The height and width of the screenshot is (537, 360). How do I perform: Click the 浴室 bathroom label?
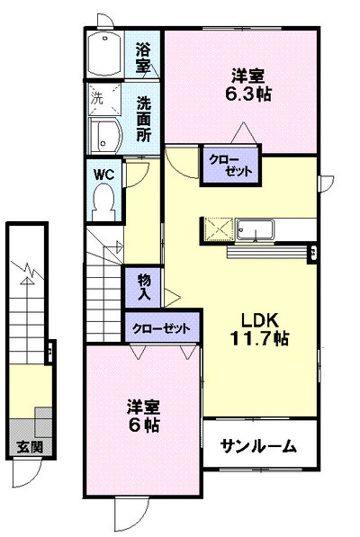pyautogui.click(x=143, y=57)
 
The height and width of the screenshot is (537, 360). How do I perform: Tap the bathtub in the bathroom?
pyautogui.click(x=104, y=55)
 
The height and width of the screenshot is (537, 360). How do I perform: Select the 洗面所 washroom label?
pyautogui.click(x=144, y=119)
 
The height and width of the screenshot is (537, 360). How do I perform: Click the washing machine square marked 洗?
pyautogui.click(x=104, y=99)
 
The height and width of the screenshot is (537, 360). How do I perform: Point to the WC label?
pyautogui.click(x=104, y=175)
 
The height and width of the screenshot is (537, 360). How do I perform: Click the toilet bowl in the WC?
pyautogui.click(x=103, y=201)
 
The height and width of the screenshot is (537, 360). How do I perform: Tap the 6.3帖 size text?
pyautogui.click(x=248, y=94)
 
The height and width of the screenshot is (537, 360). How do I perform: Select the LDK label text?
pyautogui.click(x=259, y=320)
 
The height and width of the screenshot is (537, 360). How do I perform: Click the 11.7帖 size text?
pyautogui.click(x=259, y=339)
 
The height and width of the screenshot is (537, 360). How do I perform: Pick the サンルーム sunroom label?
pyautogui.click(x=258, y=446)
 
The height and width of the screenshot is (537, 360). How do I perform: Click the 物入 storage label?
pyautogui.click(x=144, y=287)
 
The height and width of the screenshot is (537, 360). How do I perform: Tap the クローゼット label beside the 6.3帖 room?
pyautogui.click(x=231, y=166)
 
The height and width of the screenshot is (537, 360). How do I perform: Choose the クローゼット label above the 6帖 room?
pyautogui.click(x=161, y=329)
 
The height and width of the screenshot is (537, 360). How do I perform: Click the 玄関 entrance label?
pyautogui.click(x=30, y=446)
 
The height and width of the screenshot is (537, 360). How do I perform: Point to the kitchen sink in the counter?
pyautogui.click(x=256, y=229)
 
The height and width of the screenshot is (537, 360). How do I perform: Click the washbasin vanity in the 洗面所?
pyautogui.click(x=105, y=136)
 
